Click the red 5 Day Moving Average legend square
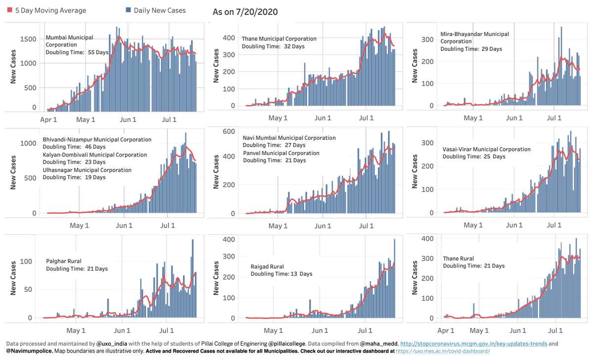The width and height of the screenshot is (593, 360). (9, 10)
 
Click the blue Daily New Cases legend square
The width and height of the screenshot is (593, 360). (128, 10)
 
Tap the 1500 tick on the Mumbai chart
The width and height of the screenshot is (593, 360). (28, 39)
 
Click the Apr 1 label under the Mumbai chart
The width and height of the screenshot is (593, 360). (48, 120)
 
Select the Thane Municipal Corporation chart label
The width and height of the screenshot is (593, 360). (279, 39)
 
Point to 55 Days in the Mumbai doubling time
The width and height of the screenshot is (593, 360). (98, 52)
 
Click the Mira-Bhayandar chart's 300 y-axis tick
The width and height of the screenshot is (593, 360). (427, 40)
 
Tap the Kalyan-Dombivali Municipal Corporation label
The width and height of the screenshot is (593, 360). (95, 155)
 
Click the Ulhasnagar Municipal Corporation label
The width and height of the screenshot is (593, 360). (87, 170)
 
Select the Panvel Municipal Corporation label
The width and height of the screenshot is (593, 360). (281, 153)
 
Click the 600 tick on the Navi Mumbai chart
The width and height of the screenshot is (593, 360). (229, 131)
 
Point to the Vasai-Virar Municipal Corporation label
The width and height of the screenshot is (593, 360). (487, 149)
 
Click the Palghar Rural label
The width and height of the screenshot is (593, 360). (64, 261)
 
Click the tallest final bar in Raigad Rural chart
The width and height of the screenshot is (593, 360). (394, 278)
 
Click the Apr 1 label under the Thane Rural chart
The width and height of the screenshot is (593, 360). (446, 331)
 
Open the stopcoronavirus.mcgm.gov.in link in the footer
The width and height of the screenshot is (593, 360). (473, 344)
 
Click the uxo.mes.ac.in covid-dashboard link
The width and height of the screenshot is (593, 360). (443, 351)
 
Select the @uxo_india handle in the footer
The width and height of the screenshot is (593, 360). (112, 344)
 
